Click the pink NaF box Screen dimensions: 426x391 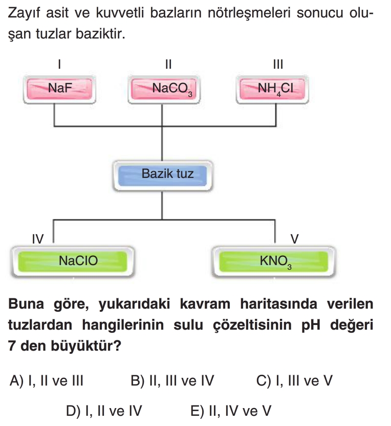tap(60, 88)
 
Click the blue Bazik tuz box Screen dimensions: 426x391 tap(161, 174)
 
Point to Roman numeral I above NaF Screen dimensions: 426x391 tap(60, 65)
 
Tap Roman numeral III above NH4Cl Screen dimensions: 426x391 tap(278, 65)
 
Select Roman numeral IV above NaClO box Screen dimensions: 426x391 tap(38, 238)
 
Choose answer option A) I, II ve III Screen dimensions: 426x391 tap(47, 381)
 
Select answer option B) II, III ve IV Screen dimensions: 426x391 tap(172, 381)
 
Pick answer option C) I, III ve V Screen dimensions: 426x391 tap(294, 381)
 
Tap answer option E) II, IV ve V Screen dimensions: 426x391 tap(230, 411)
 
